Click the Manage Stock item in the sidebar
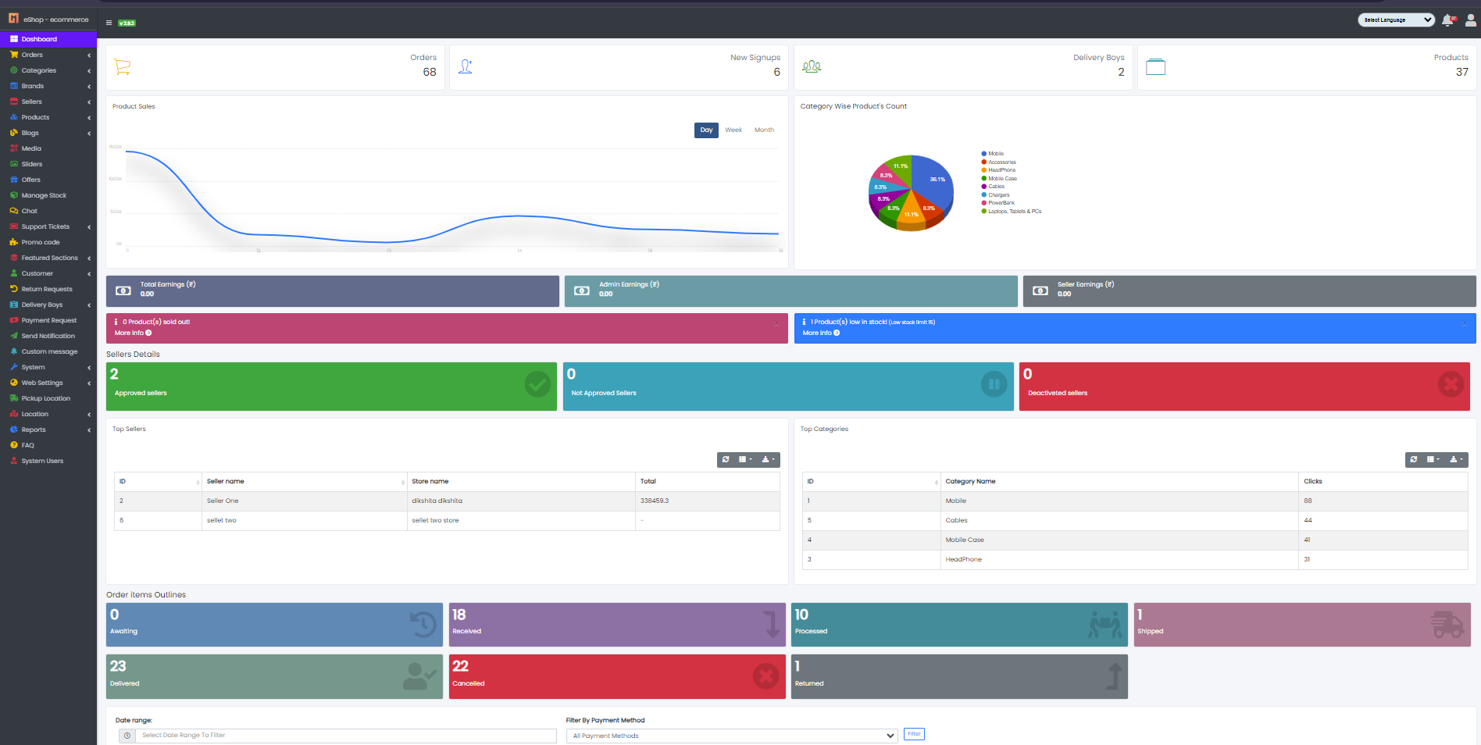(44, 195)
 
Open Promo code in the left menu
(41, 242)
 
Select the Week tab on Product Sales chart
(733, 130)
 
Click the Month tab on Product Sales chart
(764, 130)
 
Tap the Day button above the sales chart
(706, 130)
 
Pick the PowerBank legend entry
(1001, 203)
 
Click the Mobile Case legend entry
(1002, 179)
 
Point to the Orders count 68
(430, 72)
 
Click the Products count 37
(1461, 72)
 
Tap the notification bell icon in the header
(1447, 20)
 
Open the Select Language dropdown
(1396, 20)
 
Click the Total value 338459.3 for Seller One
(655, 501)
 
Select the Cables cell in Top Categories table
(956, 521)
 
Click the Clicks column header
(1313, 482)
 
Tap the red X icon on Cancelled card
(765, 676)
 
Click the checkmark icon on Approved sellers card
(537, 384)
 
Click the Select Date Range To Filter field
(344, 736)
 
